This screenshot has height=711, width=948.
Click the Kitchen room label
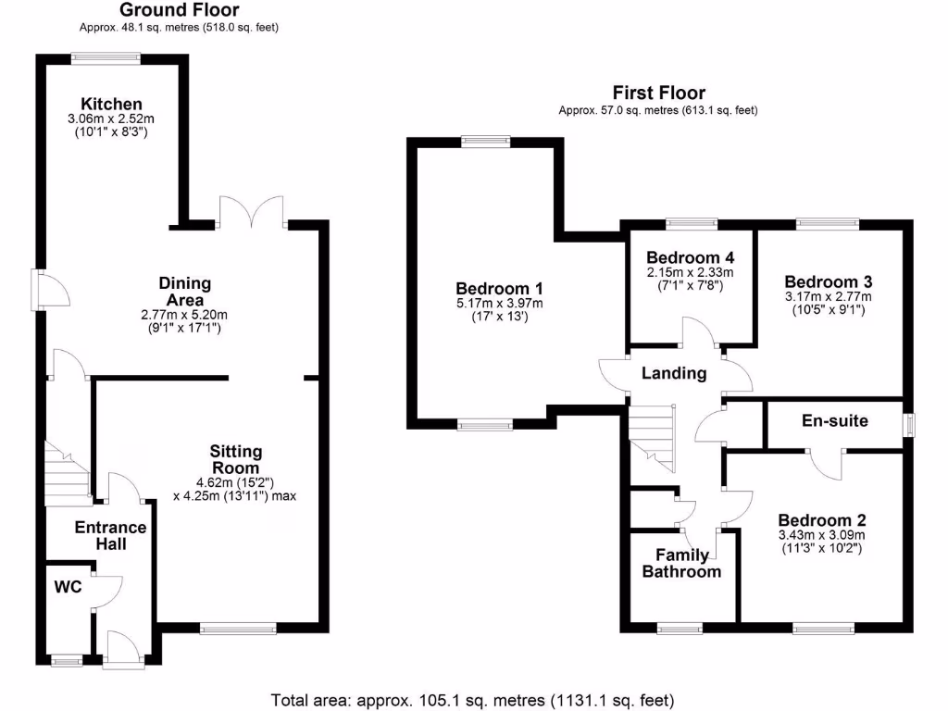point(111,104)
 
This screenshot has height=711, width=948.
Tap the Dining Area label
point(184,292)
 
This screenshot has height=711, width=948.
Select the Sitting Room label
point(235,459)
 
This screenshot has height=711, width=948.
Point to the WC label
point(68,587)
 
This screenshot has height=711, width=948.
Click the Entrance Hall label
point(111,536)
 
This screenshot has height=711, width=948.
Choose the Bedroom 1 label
point(499,289)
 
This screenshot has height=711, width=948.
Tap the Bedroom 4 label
point(691,258)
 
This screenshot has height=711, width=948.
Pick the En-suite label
point(835,421)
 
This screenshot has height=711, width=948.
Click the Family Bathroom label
point(682,564)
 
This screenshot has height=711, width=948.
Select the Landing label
point(674,373)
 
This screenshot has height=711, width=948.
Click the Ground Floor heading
point(179,9)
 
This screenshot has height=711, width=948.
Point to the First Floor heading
point(658,93)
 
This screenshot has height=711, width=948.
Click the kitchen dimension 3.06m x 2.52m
point(111,119)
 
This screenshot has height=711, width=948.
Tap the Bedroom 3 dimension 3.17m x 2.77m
point(829,297)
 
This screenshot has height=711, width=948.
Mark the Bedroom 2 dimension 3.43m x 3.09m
point(822,535)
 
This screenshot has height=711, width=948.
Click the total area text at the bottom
point(472,701)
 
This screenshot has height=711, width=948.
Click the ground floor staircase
point(68,473)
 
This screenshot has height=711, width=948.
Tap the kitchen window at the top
point(106,58)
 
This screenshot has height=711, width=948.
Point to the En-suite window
point(909,424)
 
